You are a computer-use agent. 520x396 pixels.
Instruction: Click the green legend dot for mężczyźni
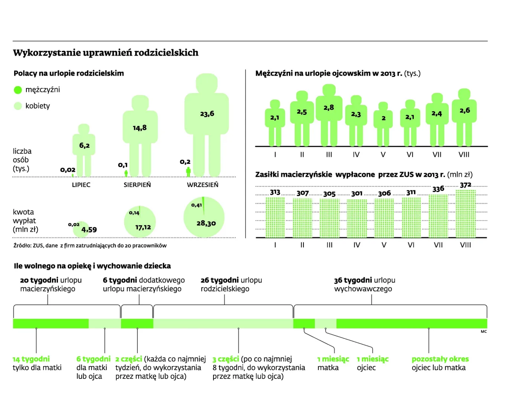click(x=18, y=90)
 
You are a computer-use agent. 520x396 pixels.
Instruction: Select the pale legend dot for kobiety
click(x=18, y=106)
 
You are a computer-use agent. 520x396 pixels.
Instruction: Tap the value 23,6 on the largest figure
click(x=207, y=114)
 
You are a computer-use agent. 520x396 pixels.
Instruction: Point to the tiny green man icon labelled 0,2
click(x=188, y=172)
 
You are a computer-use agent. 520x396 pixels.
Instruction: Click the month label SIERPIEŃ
click(x=137, y=185)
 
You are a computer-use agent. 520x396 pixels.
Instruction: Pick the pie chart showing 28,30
click(x=204, y=217)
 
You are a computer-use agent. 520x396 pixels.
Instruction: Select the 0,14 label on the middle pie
click(x=134, y=213)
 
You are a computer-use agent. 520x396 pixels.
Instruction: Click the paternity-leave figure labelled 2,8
click(x=329, y=115)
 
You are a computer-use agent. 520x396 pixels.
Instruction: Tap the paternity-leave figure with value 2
click(x=383, y=124)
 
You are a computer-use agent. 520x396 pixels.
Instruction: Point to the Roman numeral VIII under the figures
click(x=464, y=155)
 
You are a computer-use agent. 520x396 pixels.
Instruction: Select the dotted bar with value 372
click(x=465, y=214)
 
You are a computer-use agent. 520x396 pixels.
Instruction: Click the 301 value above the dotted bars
click(x=357, y=194)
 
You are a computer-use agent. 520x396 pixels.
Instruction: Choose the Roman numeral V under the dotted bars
click(x=384, y=245)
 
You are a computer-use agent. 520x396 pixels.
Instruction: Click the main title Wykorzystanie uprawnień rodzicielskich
click(x=105, y=53)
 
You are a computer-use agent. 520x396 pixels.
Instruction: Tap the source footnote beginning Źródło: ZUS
click(x=90, y=246)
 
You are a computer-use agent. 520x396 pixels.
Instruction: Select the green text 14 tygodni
click(x=31, y=359)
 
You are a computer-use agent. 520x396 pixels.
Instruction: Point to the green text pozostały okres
click(x=440, y=359)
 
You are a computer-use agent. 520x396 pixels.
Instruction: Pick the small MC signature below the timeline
click(x=484, y=332)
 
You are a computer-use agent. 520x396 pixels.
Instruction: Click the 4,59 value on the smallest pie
click(x=89, y=230)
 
